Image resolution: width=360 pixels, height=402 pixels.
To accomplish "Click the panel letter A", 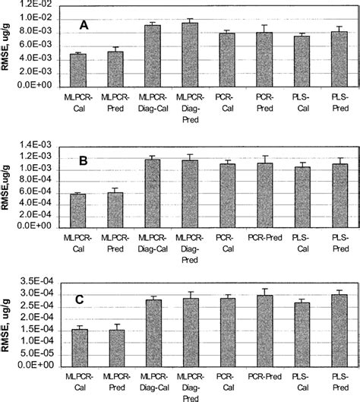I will [85, 26].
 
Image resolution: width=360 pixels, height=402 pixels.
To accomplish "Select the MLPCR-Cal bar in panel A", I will [78, 71].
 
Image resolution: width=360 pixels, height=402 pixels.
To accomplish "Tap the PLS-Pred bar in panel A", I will [339, 59].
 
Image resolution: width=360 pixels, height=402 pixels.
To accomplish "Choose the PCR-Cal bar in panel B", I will [226, 194].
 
